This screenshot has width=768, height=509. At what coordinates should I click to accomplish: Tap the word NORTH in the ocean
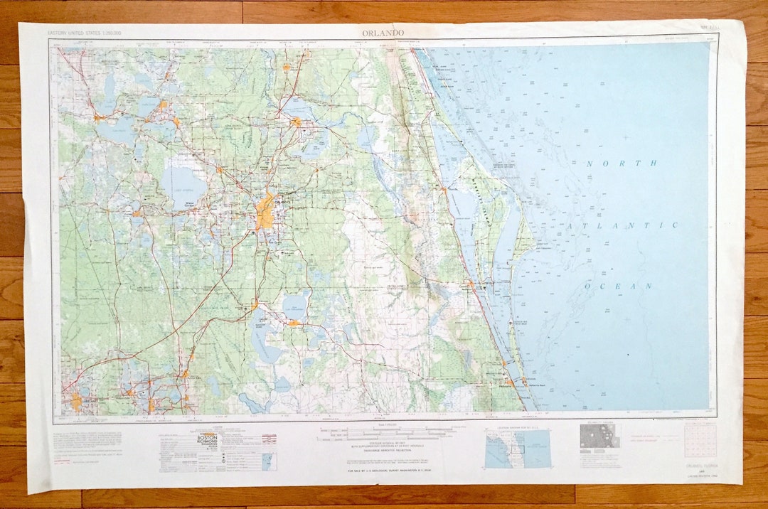click(612, 164)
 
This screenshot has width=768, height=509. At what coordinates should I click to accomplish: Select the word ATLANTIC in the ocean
click(623, 225)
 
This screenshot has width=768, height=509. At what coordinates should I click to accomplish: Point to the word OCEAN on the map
click(619, 286)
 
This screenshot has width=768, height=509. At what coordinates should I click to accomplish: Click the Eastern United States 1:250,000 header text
click(83, 33)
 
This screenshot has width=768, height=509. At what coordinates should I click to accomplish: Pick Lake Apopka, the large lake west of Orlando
click(183, 183)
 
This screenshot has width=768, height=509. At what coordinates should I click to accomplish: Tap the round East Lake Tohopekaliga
click(295, 305)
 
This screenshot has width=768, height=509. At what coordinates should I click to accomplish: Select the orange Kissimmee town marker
click(254, 305)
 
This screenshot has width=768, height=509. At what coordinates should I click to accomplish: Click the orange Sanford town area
click(295, 122)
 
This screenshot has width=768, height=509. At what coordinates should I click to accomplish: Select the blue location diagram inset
click(517, 448)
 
